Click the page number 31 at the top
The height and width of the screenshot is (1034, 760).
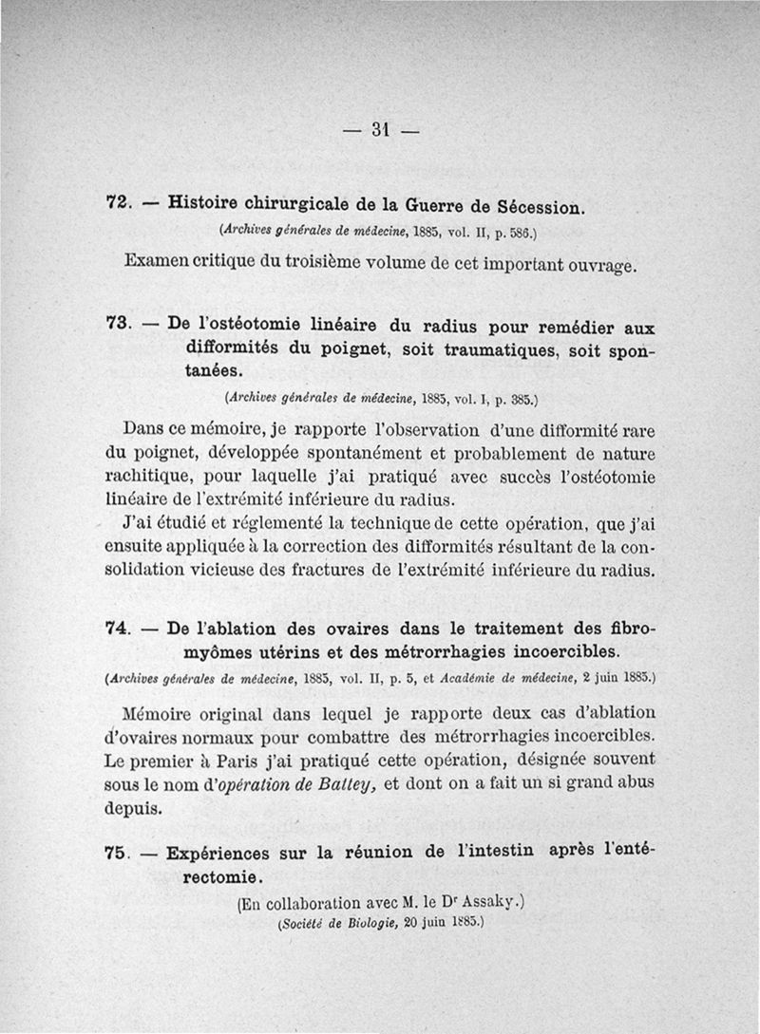(382, 129)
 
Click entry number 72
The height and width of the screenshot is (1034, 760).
(117, 202)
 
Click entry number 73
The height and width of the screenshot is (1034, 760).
(117, 323)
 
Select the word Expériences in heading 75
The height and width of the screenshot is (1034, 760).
(221, 854)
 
